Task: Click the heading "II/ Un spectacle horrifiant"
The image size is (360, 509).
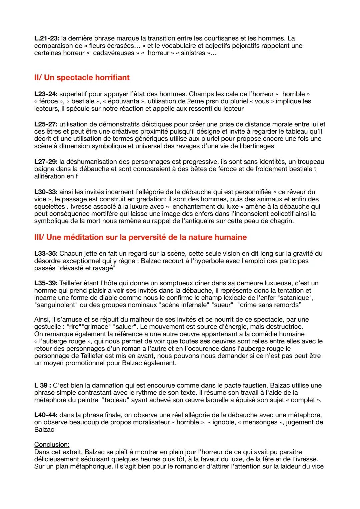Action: click(82, 78)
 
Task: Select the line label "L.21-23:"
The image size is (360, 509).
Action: click(47, 39)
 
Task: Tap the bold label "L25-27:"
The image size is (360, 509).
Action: click(46, 124)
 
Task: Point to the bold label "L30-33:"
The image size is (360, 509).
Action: click(46, 192)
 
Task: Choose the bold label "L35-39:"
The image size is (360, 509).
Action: click(46, 283)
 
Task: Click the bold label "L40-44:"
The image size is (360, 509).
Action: click(46, 415)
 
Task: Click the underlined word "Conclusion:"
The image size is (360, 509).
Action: click(52, 445)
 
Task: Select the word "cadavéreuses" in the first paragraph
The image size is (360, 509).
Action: click(113, 53)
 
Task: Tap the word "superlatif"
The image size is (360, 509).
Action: click(74, 94)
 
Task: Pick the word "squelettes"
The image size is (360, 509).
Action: click(49, 207)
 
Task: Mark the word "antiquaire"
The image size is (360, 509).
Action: click(218, 221)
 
